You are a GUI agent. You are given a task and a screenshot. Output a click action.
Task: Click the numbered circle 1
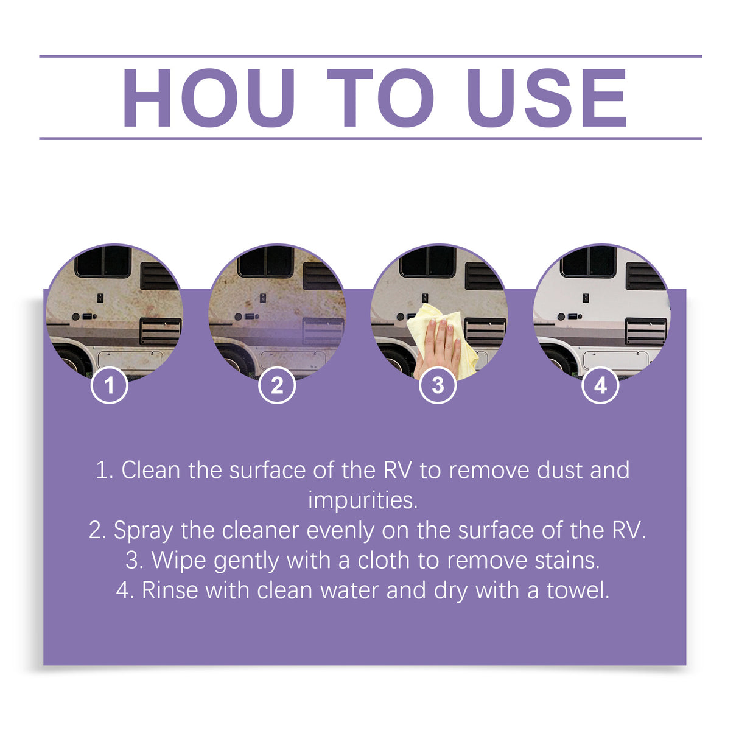point(110,385)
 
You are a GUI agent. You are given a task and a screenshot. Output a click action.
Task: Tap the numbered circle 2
point(277,385)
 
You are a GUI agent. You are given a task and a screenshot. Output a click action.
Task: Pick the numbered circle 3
point(438,385)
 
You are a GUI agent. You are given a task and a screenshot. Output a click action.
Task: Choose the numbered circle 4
point(600,385)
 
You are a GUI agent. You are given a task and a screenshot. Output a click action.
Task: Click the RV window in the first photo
point(103,262)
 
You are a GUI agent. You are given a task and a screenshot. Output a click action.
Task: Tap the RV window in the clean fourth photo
point(588,262)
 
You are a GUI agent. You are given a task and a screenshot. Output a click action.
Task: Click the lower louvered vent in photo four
point(645,332)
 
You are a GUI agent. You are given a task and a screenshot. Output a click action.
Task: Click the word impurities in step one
point(363,500)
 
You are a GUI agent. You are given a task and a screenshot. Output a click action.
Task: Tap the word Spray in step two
point(142,531)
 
